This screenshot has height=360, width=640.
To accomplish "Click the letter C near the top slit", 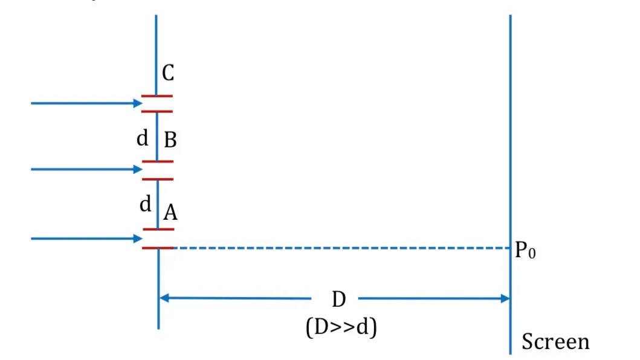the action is click(x=168, y=73).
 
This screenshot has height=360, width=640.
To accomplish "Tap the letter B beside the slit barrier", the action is click(x=170, y=140).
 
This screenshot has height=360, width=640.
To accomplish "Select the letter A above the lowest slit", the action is click(x=170, y=212).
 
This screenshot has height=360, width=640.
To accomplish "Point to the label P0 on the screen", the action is click(x=525, y=250).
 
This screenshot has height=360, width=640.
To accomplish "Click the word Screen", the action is click(x=555, y=341).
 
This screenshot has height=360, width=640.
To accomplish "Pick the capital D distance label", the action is click(x=339, y=299).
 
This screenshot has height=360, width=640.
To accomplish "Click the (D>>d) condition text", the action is click(x=341, y=327).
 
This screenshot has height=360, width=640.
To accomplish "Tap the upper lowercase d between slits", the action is click(x=143, y=138).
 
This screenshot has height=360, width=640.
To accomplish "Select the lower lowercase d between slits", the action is click(x=145, y=204).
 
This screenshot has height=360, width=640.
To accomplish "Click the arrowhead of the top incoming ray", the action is click(x=138, y=103).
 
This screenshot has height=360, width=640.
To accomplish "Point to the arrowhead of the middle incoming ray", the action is click(x=138, y=169).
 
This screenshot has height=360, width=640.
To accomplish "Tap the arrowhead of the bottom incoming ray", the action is click(x=138, y=239).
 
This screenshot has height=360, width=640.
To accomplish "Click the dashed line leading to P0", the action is click(x=342, y=248).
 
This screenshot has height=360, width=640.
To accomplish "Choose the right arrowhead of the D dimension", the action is click(x=505, y=298).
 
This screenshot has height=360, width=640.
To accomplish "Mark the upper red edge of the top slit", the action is click(x=157, y=96).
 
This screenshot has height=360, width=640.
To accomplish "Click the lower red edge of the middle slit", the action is click(x=158, y=179).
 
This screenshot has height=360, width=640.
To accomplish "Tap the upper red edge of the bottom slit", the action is click(x=158, y=230).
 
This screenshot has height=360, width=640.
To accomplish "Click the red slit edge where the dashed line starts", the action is click(x=158, y=248).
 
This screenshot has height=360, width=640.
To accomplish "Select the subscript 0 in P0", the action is click(x=532, y=254).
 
